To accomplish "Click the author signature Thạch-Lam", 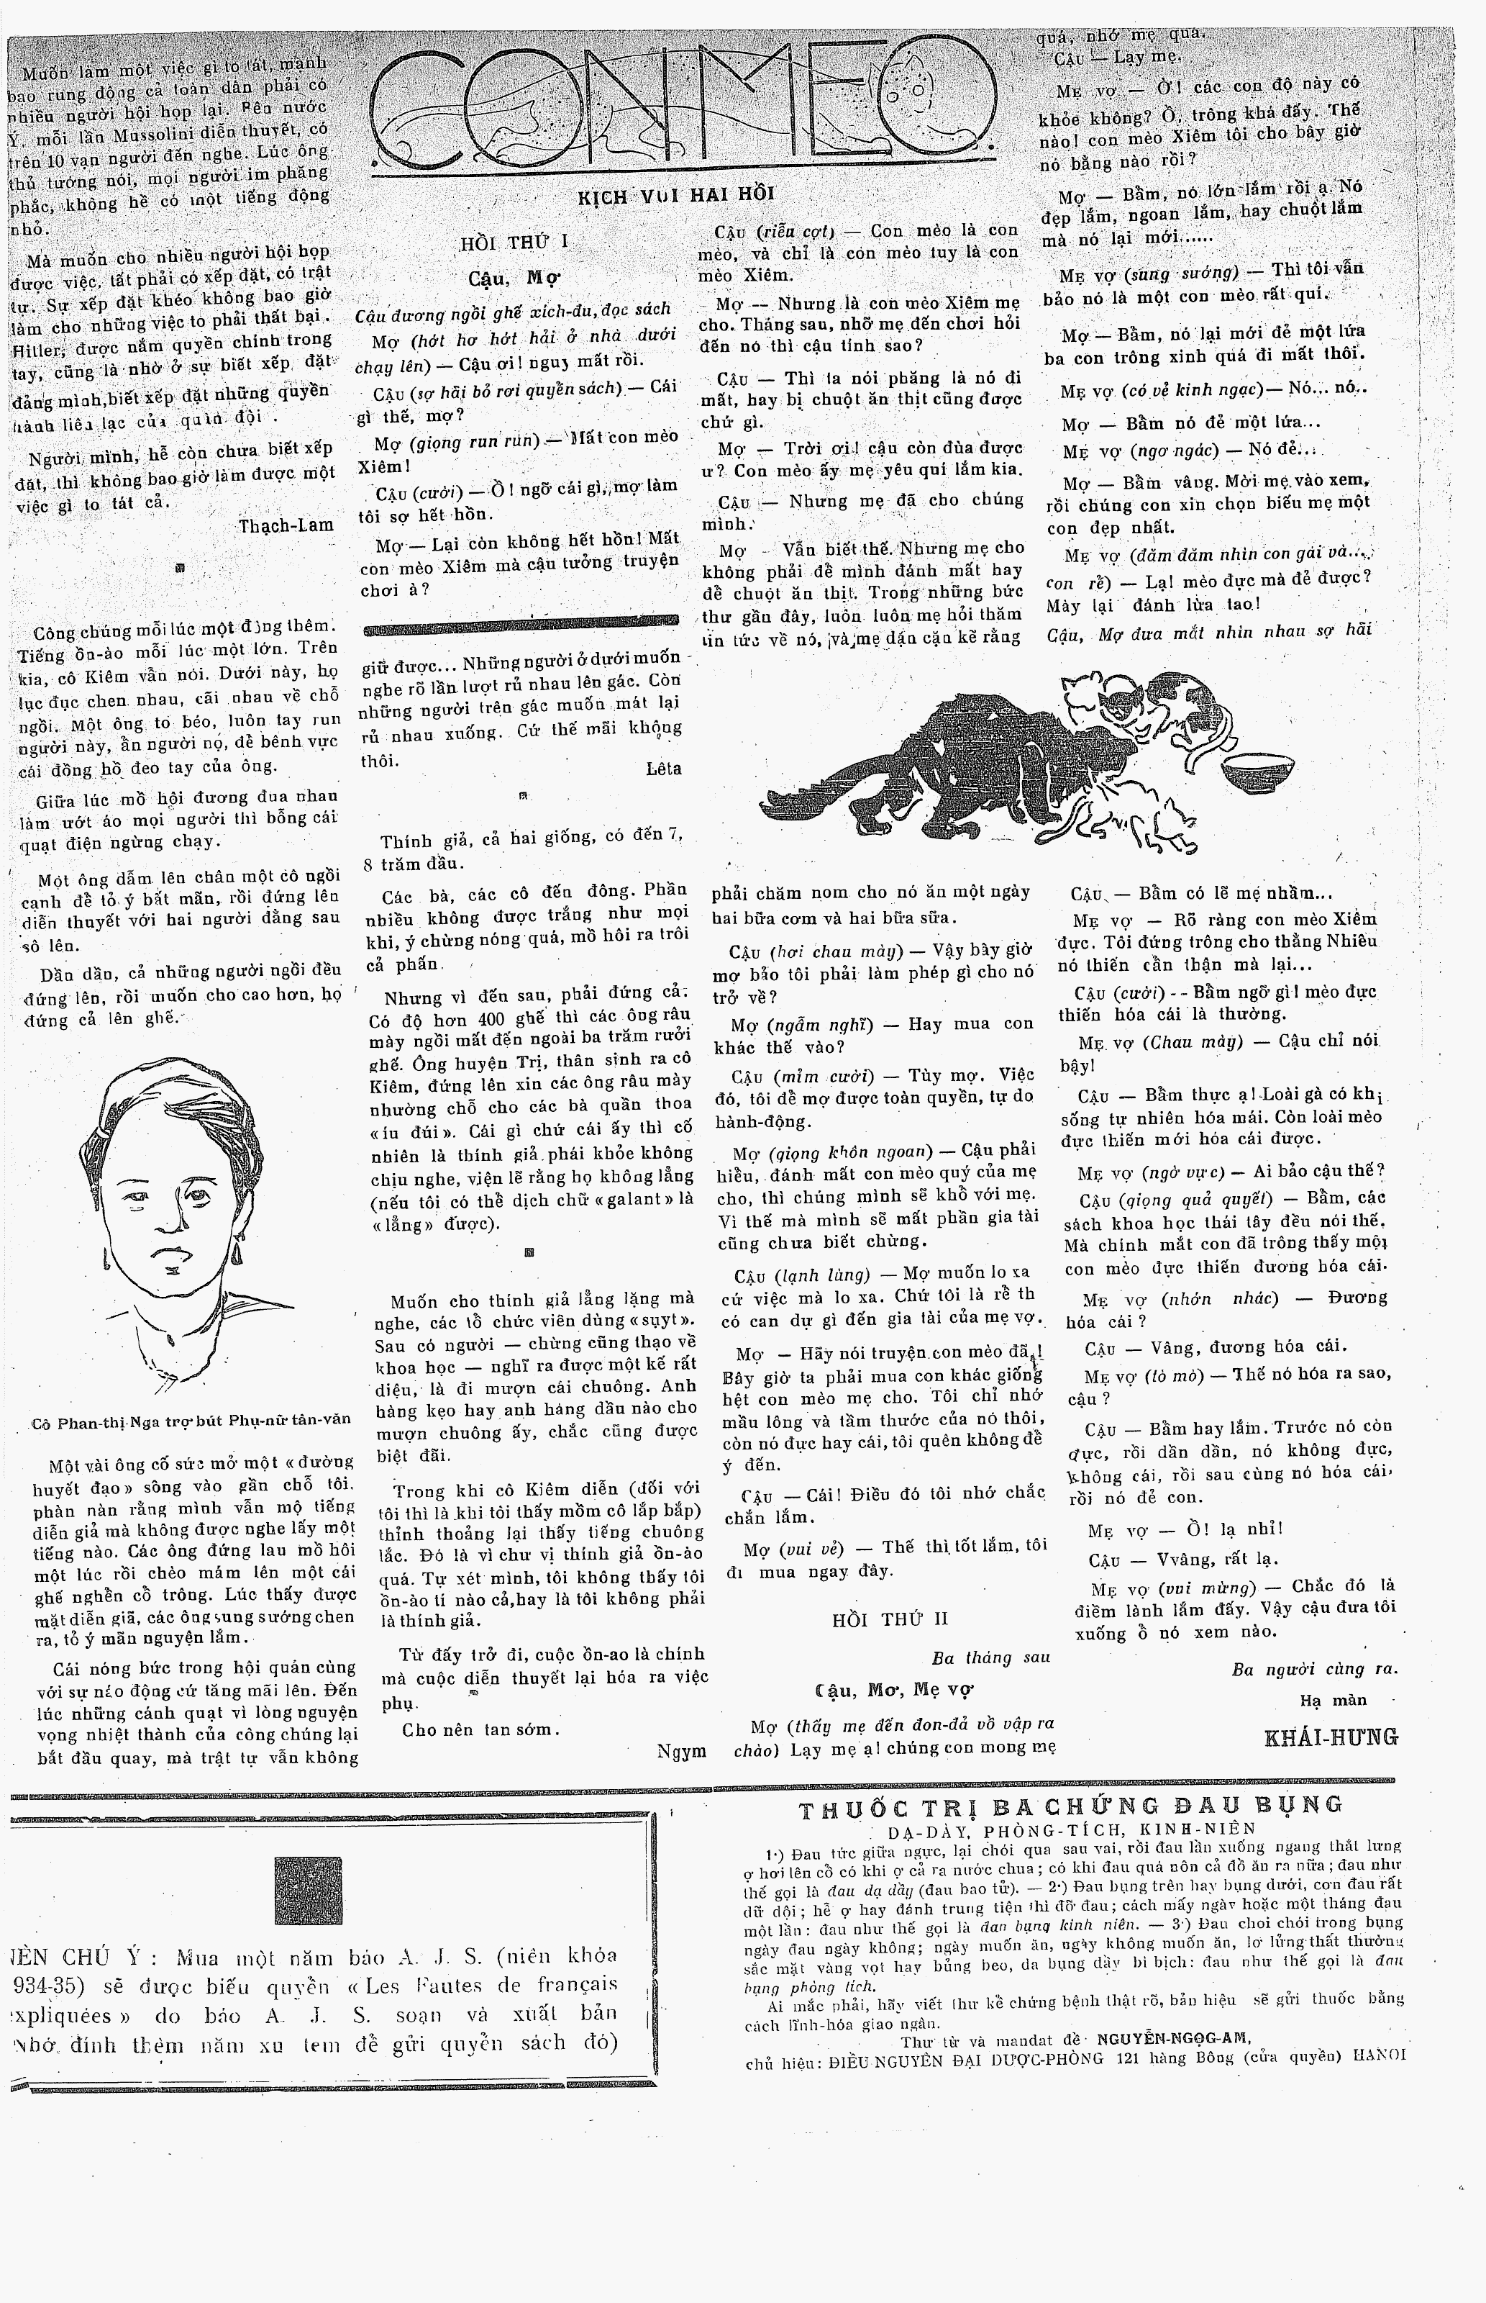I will (286, 525).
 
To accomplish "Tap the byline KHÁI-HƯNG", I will (1331, 1737).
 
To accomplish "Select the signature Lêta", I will (663, 769).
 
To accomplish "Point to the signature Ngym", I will (681, 1751).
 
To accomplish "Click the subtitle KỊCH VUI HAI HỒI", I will (676, 196).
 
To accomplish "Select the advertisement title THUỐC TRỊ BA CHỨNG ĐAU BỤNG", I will (1071, 1806).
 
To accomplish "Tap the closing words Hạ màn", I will (1334, 1701).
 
